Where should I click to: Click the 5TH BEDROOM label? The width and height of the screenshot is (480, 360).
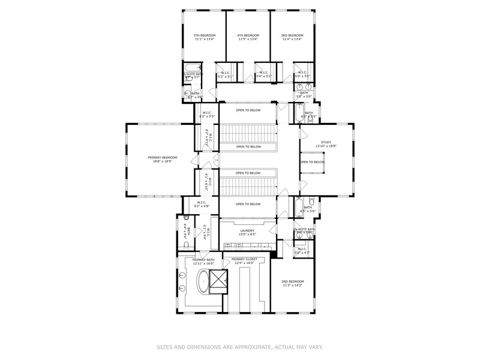click(x=204, y=35)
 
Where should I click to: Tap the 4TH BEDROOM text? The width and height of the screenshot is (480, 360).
click(x=248, y=35)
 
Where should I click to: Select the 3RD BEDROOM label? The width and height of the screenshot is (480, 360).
click(x=292, y=35)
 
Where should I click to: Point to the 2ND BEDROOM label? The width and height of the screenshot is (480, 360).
click(x=293, y=281)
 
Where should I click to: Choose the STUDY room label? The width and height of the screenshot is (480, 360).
click(x=326, y=142)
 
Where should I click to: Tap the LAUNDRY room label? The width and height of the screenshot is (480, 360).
click(x=248, y=230)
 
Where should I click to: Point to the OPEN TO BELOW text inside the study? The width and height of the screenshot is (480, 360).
click(x=312, y=162)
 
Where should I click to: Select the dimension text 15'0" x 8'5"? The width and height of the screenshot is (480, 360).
click(x=248, y=235)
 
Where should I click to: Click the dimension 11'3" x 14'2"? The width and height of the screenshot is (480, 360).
click(x=293, y=286)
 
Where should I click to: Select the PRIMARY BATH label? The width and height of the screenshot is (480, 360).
click(x=203, y=259)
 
